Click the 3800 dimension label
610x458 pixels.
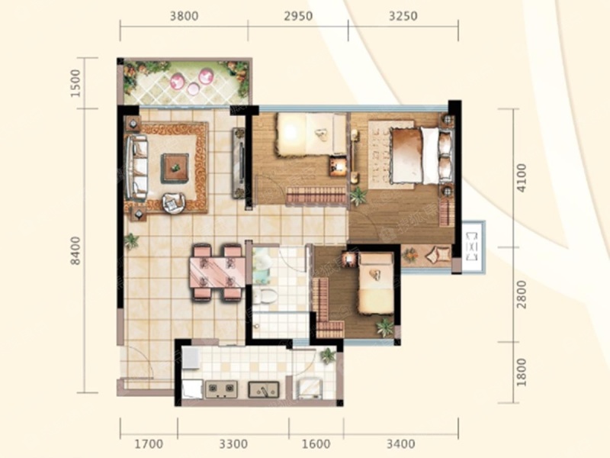(x=185, y=16)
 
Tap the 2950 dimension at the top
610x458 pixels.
(x=298, y=16)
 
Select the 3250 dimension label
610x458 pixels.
(x=403, y=16)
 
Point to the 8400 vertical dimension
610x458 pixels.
(x=75, y=251)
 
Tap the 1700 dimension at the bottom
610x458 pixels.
(x=149, y=443)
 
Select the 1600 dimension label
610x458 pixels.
(x=316, y=443)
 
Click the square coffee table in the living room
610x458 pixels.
(x=175, y=168)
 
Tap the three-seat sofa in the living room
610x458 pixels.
(x=136, y=168)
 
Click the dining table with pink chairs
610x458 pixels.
(x=217, y=273)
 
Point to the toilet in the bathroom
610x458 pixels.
(x=265, y=296)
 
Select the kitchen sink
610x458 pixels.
(x=263, y=389)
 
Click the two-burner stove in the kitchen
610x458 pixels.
(x=221, y=389)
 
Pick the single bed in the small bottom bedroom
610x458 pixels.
(x=376, y=283)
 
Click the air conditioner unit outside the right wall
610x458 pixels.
(x=473, y=247)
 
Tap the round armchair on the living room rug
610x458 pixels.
(x=174, y=203)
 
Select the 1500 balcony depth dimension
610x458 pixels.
(x=75, y=83)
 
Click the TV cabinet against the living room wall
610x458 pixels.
(x=239, y=163)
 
